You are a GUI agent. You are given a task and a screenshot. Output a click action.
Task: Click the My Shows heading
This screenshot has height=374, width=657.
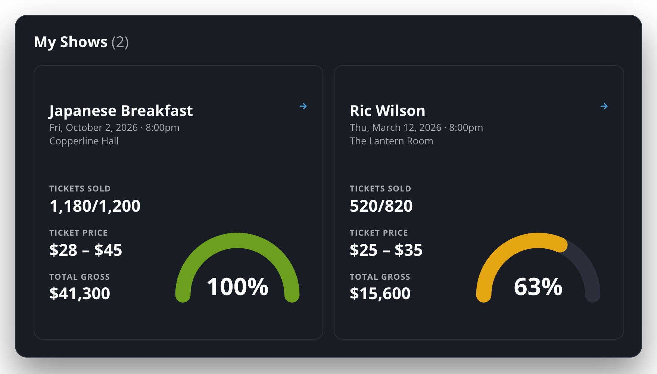pos(71,42)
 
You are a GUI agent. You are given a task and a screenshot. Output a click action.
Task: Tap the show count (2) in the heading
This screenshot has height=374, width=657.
pos(120,42)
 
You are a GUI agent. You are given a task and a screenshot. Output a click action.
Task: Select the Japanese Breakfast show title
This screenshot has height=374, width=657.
pos(121,111)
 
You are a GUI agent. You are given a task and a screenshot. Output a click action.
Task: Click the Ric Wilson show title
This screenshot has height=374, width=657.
pos(387,111)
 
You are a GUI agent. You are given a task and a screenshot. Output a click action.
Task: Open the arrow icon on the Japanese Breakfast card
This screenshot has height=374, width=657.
pos(303,106)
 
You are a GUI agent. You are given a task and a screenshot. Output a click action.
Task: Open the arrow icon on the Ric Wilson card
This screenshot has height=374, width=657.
pos(604,106)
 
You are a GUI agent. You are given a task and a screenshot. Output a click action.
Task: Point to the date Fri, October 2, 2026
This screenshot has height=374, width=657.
pos(94,128)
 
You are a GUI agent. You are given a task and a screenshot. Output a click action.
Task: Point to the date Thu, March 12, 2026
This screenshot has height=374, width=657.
pos(396,128)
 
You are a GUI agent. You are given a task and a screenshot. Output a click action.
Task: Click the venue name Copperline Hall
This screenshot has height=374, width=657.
pos(84,141)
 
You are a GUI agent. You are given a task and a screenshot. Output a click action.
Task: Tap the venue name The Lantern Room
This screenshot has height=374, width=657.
pos(391,141)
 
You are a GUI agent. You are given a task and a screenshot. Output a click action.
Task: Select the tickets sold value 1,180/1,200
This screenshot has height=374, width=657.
pos(95,206)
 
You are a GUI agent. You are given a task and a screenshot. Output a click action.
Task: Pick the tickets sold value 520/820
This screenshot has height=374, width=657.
pos(381,206)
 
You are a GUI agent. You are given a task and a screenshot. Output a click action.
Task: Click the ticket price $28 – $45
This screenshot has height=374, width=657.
pos(86,250)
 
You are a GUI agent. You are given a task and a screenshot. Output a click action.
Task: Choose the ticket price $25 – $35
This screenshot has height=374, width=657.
pos(386,250)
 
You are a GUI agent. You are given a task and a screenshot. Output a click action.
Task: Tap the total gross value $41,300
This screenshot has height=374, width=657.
pos(80,294)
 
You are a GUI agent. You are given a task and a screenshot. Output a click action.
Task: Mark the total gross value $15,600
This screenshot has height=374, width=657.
pos(380,294)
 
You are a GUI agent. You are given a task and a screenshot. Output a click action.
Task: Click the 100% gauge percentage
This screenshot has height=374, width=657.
pos(237,287)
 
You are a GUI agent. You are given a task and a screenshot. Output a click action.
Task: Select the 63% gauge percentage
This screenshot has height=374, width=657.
pos(538,287)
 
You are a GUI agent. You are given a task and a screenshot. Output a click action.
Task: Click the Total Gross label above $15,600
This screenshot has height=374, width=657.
pos(380,277)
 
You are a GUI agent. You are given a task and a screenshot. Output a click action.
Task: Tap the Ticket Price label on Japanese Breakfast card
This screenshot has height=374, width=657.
pos(78,233)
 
